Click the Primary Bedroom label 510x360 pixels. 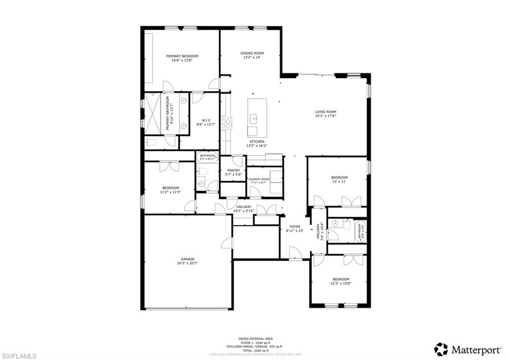pyautogui.click(x=182, y=56)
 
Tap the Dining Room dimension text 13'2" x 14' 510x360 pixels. pyautogui.click(x=252, y=58)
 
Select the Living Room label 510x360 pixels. pyautogui.click(x=326, y=112)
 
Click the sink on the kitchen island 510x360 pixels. pyautogui.click(x=254, y=119)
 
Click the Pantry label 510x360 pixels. pyautogui.click(x=234, y=170)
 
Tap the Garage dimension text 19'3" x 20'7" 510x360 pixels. pyautogui.click(x=187, y=263)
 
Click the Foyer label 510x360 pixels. pyautogui.click(x=295, y=226)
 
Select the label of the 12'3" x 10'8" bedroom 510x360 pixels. pyautogui.click(x=341, y=279)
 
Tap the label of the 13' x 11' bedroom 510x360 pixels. pyautogui.click(x=339, y=177)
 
